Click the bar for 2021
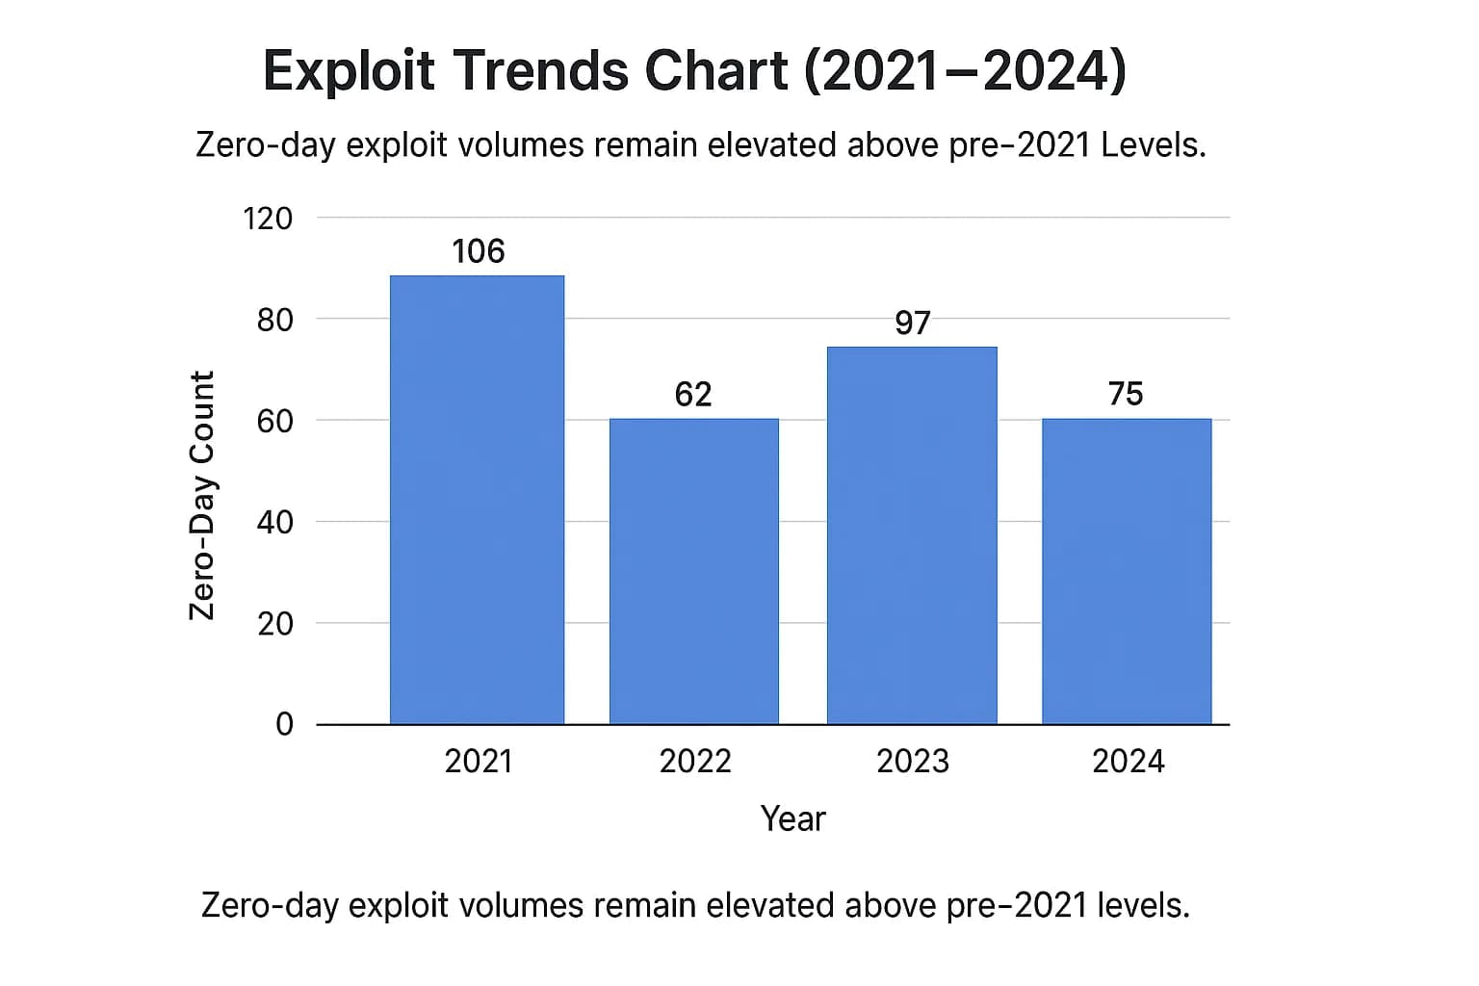click(x=477, y=500)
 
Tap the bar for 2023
click(x=912, y=535)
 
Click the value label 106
click(x=478, y=251)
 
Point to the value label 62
click(x=693, y=394)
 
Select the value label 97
click(x=912, y=323)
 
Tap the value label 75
click(x=1126, y=394)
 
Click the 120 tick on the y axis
click(x=268, y=219)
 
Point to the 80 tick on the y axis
click(x=274, y=320)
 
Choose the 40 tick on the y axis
click(x=274, y=522)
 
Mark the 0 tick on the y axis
click(x=284, y=724)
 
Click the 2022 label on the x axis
click(x=695, y=762)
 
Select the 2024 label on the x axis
click(x=1128, y=762)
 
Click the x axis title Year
click(x=792, y=818)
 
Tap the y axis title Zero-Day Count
click(x=201, y=496)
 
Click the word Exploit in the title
click(x=349, y=71)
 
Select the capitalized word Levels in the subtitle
click(x=1153, y=145)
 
